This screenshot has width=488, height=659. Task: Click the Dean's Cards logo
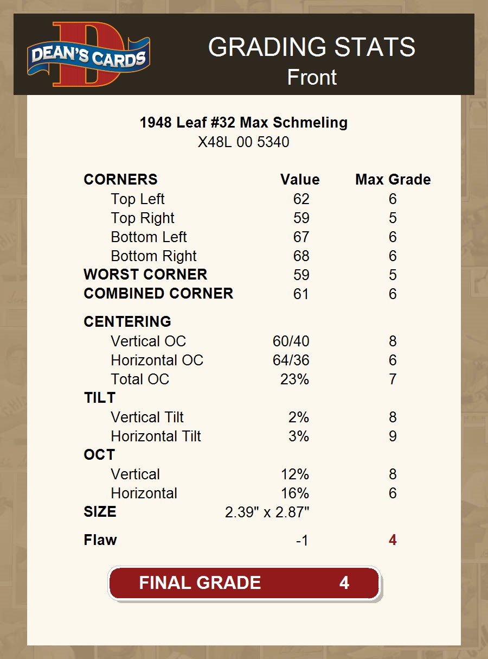88,54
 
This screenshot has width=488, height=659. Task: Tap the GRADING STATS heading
311,48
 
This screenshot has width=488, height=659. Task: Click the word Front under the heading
312,77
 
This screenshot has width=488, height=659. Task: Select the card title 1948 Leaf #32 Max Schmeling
243,123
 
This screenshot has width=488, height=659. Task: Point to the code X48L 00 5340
243,142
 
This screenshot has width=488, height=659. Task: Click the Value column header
300,180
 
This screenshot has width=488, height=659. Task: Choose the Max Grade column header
393,180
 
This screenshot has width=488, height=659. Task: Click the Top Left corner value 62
301,199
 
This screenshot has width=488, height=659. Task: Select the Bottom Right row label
153,256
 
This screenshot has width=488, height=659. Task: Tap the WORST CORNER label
145,275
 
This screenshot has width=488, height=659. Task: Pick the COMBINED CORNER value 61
301,294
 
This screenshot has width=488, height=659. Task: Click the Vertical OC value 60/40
291,341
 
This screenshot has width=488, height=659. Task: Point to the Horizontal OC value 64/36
291,360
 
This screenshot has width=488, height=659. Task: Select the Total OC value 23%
294,379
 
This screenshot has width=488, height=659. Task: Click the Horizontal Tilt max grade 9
393,436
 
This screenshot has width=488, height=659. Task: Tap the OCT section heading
99,455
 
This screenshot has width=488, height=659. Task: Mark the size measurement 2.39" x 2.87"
267,512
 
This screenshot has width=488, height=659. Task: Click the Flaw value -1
302,541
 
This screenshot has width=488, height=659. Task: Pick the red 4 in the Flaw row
393,541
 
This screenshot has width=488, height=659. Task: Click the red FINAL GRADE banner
244,583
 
